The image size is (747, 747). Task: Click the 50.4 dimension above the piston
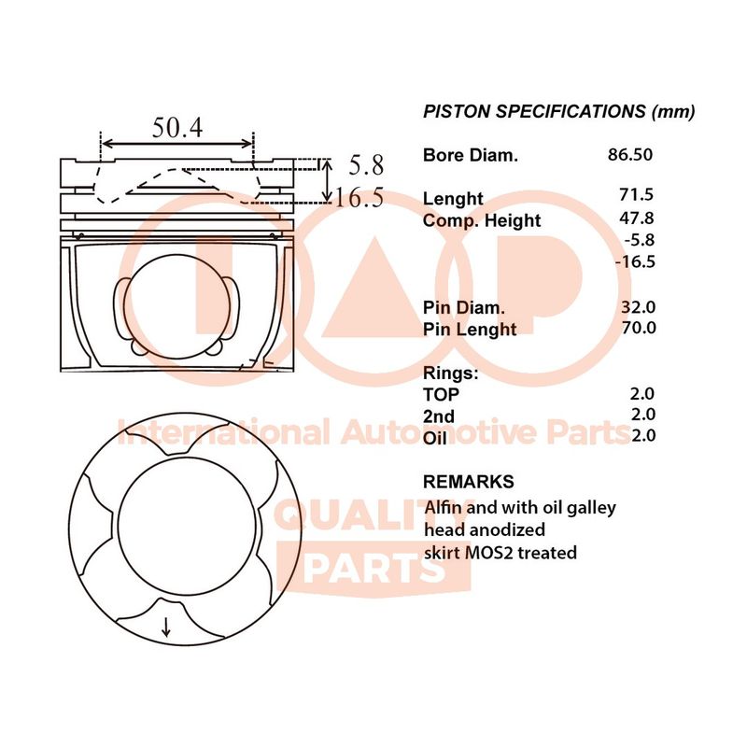[x=177, y=128]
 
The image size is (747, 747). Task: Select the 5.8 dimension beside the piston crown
[x=366, y=165]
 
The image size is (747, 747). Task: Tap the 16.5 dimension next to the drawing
[x=359, y=198]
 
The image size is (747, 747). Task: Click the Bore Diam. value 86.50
[x=629, y=154]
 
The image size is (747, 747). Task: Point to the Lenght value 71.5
[x=637, y=194]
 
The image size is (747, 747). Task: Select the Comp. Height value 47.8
[x=637, y=218]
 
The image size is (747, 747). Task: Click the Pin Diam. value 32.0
[x=638, y=307]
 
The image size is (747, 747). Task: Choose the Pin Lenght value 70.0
[x=639, y=328]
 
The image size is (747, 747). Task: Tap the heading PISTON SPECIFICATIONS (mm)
[x=558, y=112]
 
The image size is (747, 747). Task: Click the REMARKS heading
[x=469, y=482]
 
